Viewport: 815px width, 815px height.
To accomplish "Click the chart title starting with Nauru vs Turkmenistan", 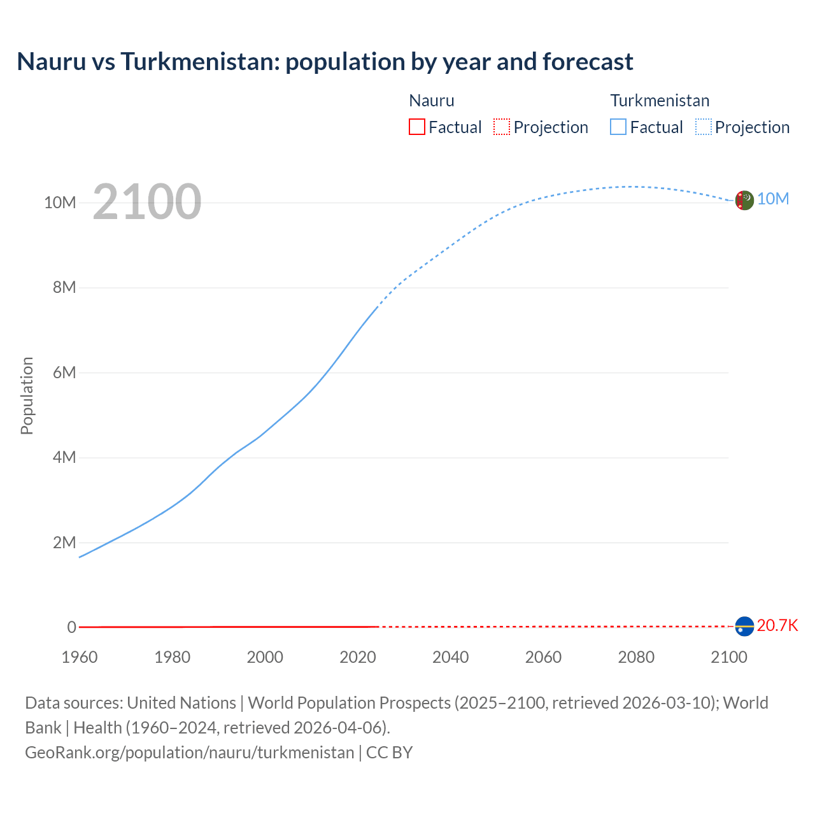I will [x=325, y=62].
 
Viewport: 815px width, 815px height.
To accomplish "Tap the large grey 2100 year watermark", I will [x=147, y=202].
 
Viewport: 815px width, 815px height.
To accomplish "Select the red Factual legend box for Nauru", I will [x=416, y=127].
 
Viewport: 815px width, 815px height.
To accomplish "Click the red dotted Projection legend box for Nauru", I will [x=502, y=127].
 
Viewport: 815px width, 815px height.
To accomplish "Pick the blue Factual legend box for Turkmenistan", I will [x=618, y=127].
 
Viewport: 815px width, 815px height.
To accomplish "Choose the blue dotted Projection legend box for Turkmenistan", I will [x=704, y=127].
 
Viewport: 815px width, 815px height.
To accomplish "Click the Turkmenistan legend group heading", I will [x=660, y=101].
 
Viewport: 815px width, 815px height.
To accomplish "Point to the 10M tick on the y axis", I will [x=60, y=202].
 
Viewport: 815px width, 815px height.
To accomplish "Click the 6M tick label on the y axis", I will [x=64, y=372].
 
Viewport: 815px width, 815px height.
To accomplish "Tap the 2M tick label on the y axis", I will [x=64, y=542].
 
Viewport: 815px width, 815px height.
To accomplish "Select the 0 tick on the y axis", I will [x=72, y=627].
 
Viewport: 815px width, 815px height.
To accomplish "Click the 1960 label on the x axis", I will [x=80, y=657].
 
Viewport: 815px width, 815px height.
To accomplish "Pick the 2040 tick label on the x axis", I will [x=450, y=657].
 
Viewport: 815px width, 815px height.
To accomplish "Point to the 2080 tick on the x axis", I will [x=635, y=657].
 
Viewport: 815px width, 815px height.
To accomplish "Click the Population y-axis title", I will [x=27, y=395].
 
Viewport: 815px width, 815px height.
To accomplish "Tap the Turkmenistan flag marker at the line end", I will [x=744, y=200].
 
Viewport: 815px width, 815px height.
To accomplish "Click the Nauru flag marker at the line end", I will [x=744, y=627].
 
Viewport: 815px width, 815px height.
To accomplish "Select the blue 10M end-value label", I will [x=773, y=199].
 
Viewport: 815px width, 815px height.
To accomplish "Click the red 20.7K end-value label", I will [x=777, y=625].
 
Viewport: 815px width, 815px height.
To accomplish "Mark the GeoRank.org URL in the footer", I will [x=189, y=752].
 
